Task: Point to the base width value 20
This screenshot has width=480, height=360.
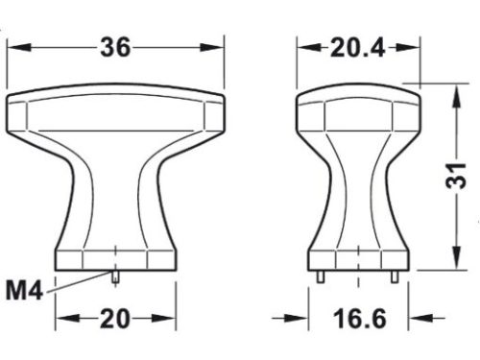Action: tap(115, 318)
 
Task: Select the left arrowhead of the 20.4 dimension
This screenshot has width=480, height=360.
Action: tap(303, 48)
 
